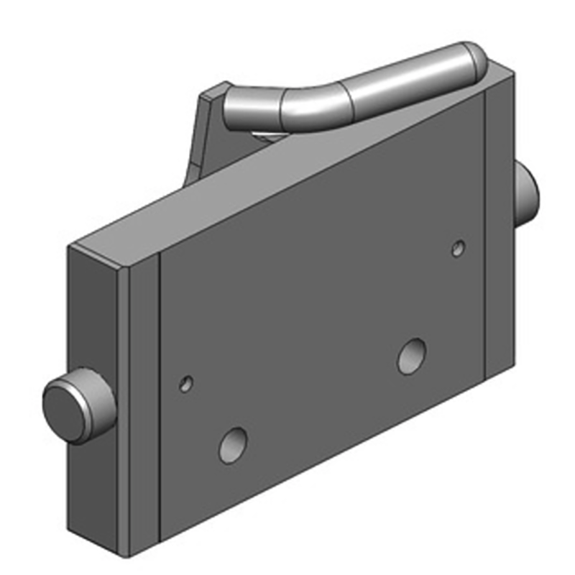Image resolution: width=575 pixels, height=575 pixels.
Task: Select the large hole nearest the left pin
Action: click(233, 444)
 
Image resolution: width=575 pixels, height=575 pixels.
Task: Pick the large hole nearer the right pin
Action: click(411, 355)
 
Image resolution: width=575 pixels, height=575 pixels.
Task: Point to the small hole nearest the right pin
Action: click(456, 249)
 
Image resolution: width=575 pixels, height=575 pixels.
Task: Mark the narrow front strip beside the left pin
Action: click(141, 402)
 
